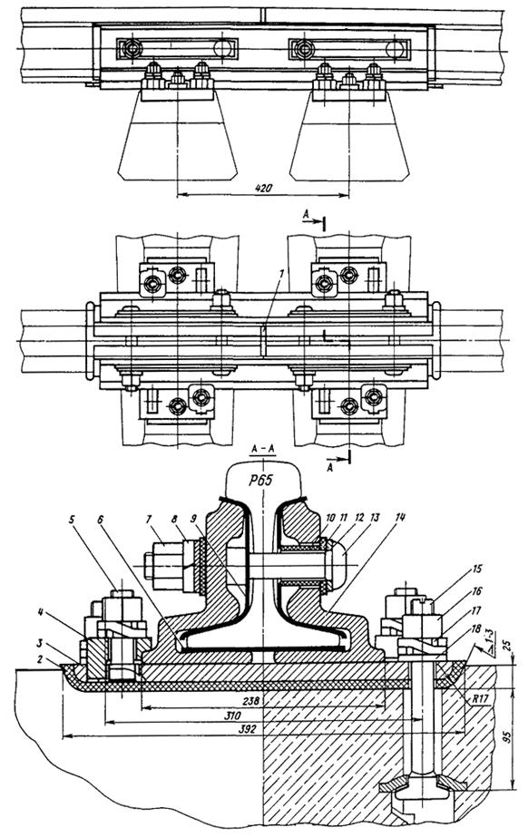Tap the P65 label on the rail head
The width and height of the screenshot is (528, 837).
point(260,480)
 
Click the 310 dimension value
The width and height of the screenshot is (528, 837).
point(234,715)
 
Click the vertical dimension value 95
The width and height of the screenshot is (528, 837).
point(508,737)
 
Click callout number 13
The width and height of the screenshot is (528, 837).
point(375,517)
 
